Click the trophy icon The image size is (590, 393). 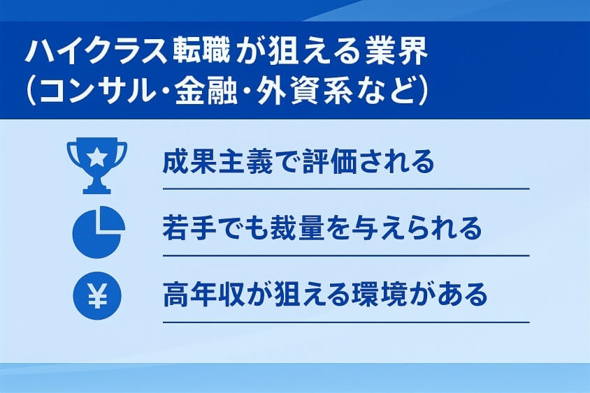point(96,165)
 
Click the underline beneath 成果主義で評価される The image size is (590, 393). point(345,188)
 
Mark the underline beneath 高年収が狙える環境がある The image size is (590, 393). point(345,322)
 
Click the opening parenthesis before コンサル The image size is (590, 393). point(30,93)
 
